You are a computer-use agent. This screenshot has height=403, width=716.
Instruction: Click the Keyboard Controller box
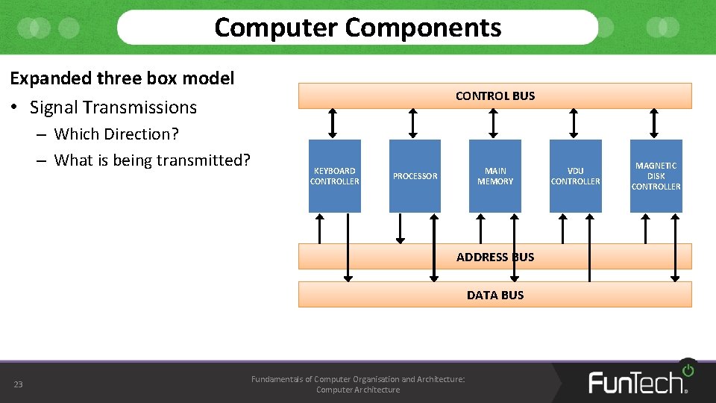(x=334, y=176)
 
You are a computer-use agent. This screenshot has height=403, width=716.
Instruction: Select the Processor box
(x=415, y=176)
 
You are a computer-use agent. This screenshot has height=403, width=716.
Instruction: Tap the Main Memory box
(x=495, y=176)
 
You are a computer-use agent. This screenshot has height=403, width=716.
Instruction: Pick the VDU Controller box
(x=575, y=176)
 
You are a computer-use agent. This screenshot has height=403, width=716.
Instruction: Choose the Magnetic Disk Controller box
(x=656, y=176)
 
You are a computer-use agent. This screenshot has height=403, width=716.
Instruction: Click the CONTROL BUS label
(x=495, y=96)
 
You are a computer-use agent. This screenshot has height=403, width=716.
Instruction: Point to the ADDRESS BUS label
(x=495, y=257)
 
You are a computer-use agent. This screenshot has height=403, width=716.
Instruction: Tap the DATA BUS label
(x=495, y=295)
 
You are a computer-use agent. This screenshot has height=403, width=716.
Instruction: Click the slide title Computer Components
(x=358, y=28)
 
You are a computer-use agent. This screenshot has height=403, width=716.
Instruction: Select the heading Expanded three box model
(x=122, y=78)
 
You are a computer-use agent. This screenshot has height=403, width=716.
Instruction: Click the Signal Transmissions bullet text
(x=113, y=107)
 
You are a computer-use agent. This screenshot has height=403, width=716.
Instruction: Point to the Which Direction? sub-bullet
(x=116, y=134)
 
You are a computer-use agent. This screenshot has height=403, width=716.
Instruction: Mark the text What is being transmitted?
(x=152, y=160)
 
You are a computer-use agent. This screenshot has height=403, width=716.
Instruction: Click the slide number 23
(x=19, y=384)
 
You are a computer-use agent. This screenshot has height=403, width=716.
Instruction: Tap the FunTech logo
(x=640, y=381)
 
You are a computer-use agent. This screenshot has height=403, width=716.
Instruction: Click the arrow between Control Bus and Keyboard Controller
(x=333, y=123)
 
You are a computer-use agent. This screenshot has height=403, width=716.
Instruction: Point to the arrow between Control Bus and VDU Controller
(x=574, y=123)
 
